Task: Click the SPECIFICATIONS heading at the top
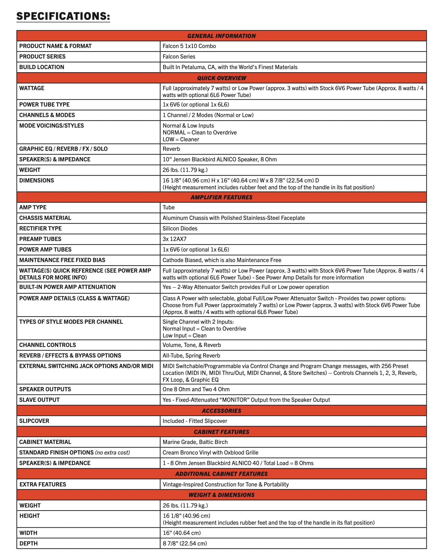63,16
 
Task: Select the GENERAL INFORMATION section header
221,36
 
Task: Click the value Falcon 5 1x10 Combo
189,46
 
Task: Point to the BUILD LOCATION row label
42,67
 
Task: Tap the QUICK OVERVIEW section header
221,78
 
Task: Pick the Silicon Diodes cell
180,229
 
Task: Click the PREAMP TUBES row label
40,239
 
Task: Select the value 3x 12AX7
174,239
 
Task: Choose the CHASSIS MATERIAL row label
45,218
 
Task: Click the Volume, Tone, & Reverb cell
192,345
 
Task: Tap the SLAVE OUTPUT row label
39,400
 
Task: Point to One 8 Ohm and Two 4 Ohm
196,389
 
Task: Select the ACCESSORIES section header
221,411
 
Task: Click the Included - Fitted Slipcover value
195,421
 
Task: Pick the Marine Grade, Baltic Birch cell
195,442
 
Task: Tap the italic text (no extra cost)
113,453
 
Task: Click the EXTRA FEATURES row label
43,484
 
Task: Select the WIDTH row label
28,533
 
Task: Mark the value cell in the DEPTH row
185,543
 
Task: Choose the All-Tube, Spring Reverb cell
191,356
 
